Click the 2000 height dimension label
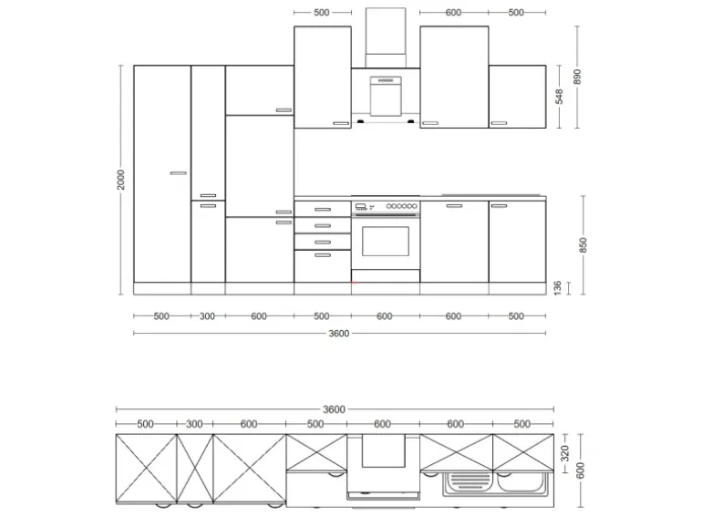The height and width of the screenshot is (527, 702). pyautogui.click(x=120, y=180)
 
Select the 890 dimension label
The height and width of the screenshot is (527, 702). pyautogui.click(x=577, y=77)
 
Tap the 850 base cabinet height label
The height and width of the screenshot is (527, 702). pyautogui.click(x=583, y=244)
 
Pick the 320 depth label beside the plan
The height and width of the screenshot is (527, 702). pyautogui.click(x=564, y=451)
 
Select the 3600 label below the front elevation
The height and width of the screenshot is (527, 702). pyautogui.click(x=338, y=333)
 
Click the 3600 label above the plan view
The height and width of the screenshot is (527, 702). pyautogui.click(x=335, y=409)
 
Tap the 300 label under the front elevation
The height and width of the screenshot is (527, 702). pyautogui.click(x=208, y=316)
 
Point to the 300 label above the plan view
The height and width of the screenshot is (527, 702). pyautogui.click(x=194, y=424)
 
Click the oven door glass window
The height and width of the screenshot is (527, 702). pyautogui.click(x=386, y=241)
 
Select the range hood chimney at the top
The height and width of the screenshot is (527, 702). pyautogui.click(x=386, y=36)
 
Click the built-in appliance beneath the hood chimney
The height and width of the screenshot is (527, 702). pyautogui.click(x=386, y=94)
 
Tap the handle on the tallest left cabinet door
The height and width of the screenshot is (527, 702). pyautogui.click(x=177, y=171)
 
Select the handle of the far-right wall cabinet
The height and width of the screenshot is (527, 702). pyautogui.click(x=499, y=122)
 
